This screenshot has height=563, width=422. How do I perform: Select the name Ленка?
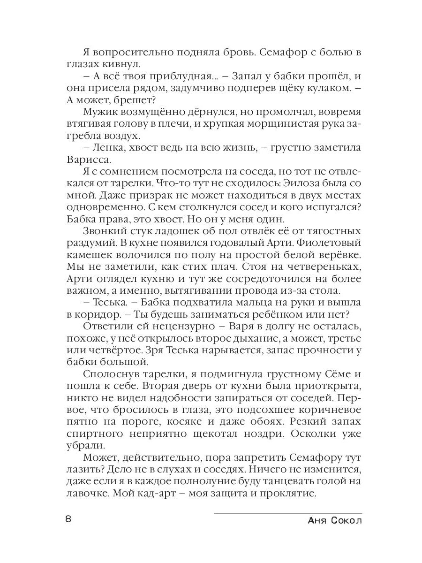click(104, 147)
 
